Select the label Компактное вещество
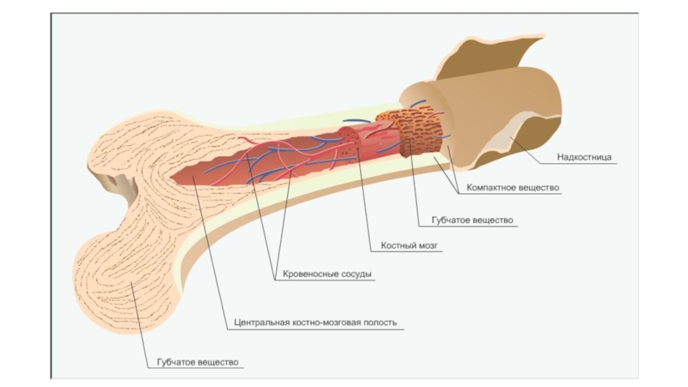tap(513, 187)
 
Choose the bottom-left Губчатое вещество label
tap(197, 362)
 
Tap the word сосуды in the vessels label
tap(357, 275)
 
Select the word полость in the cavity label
tap(378, 322)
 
